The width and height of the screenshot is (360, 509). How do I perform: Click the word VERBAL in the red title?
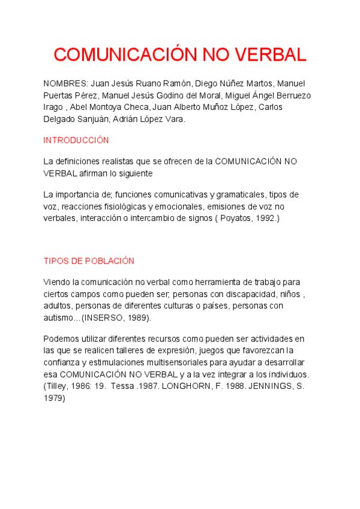[x=270, y=55]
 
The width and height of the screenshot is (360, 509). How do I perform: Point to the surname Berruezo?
[x=292, y=95]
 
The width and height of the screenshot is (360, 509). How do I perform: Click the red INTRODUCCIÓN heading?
[x=76, y=140]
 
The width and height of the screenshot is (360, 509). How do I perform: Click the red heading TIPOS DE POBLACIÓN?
[x=89, y=261]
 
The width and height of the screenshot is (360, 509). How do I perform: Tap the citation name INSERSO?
[x=103, y=318]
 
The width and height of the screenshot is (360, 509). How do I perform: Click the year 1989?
[x=137, y=318]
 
